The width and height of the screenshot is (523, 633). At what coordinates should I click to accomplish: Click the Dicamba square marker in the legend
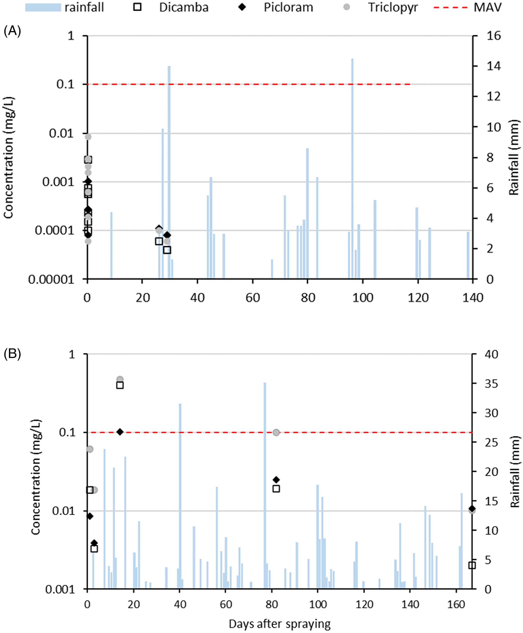point(137,7)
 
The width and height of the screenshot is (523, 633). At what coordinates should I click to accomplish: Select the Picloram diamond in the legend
point(242,7)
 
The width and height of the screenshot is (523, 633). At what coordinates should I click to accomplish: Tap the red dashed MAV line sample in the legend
point(450,7)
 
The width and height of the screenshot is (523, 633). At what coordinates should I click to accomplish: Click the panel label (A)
point(12,31)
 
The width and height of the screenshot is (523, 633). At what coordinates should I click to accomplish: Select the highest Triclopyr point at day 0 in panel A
point(88,137)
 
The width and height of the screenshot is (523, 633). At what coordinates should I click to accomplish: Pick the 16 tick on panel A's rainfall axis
point(494,36)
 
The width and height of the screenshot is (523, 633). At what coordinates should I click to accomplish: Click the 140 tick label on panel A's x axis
point(473,298)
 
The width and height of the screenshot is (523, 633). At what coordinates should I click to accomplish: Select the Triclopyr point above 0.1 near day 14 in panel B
point(120,379)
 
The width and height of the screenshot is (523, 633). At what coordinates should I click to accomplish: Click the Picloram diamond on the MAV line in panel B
point(120,432)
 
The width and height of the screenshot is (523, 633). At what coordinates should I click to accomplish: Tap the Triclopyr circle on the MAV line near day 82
point(276,433)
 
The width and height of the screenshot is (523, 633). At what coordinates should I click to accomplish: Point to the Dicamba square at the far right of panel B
point(472,565)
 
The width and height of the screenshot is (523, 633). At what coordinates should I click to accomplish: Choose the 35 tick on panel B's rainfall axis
point(491,383)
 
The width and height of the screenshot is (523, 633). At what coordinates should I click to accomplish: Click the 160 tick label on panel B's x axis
point(456,604)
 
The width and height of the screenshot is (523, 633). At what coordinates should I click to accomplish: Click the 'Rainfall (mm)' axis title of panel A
point(514,157)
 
